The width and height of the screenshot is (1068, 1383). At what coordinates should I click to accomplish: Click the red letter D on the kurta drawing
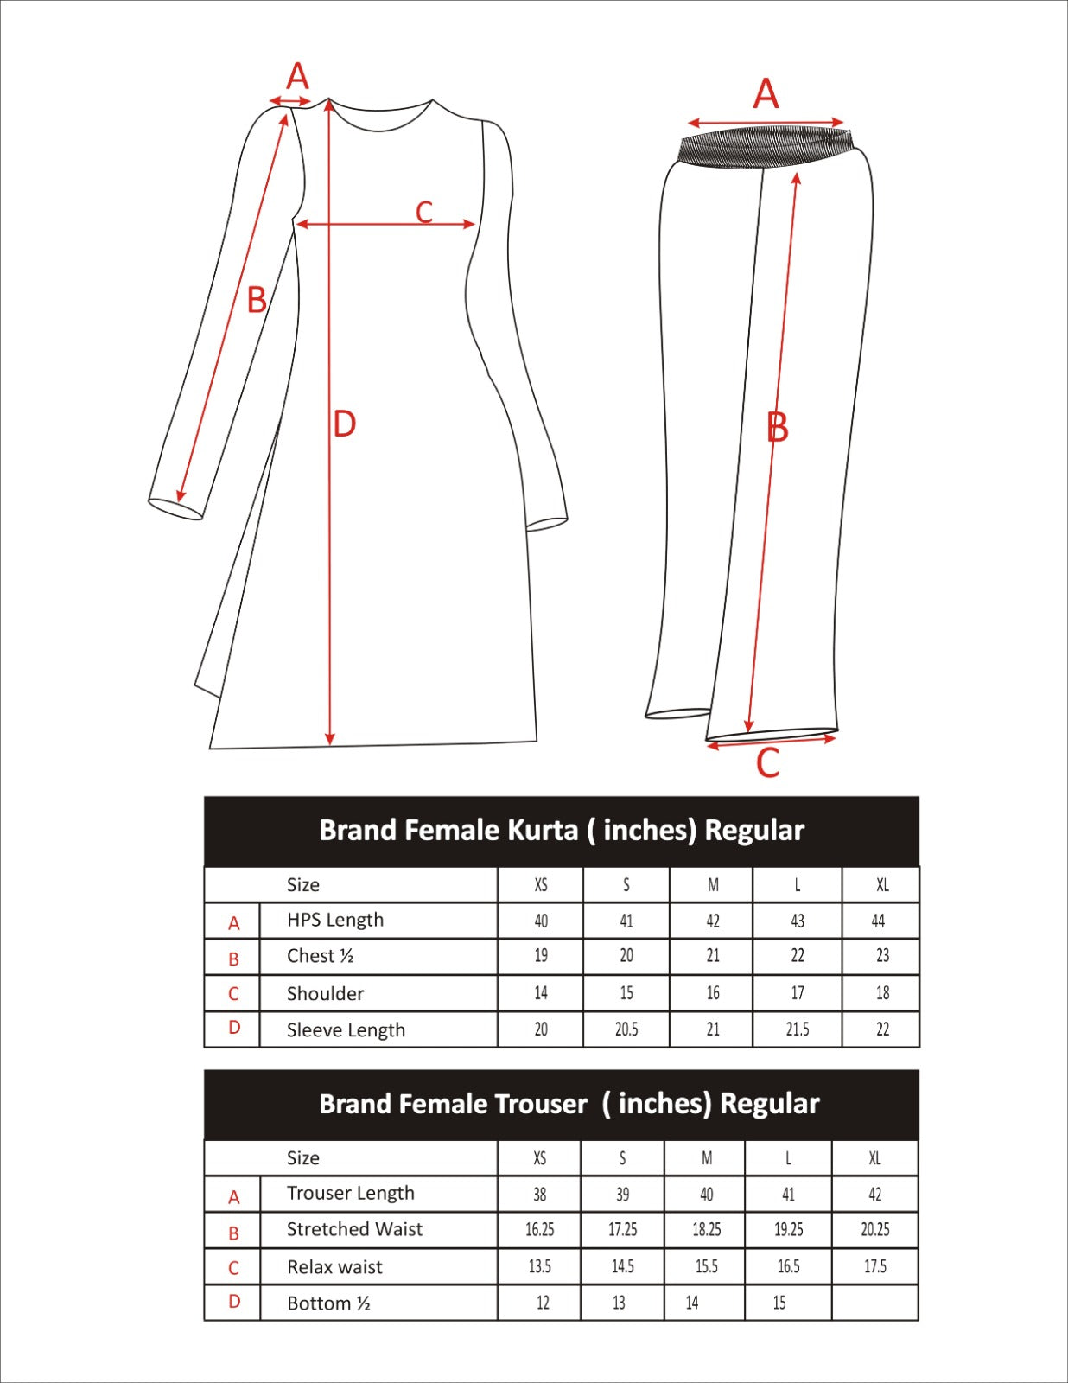click(x=344, y=424)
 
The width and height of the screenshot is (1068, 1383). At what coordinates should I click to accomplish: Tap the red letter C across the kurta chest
click(x=423, y=212)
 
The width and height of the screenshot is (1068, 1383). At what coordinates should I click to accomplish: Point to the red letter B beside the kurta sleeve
click(x=257, y=301)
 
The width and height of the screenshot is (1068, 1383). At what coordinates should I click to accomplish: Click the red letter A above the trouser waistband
click(x=766, y=94)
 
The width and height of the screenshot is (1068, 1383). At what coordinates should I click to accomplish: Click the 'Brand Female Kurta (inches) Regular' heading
click(x=562, y=831)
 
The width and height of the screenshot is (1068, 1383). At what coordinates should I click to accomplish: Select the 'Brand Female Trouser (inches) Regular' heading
click(x=569, y=1104)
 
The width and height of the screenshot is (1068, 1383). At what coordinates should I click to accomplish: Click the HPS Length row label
click(x=335, y=920)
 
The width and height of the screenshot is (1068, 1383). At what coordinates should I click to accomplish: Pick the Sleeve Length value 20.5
click(x=626, y=1029)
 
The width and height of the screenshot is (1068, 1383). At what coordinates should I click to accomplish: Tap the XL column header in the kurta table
click(x=882, y=885)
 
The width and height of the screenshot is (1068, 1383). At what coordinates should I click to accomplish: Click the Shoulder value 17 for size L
click(x=798, y=993)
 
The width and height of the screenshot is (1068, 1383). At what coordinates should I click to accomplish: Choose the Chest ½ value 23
click(x=882, y=956)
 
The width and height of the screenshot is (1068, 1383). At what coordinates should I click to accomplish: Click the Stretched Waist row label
click(x=354, y=1229)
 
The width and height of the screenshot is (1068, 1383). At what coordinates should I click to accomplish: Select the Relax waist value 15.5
click(x=706, y=1266)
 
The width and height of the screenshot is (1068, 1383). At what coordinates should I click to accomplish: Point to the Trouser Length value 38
click(x=540, y=1195)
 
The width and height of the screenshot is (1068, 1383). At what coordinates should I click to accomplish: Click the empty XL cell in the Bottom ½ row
click(x=874, y=1303)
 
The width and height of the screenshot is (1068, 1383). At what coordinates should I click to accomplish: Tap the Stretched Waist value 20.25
click(x=874, y=1229)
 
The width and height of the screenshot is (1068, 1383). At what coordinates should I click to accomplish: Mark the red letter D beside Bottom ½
click(x=234, y=1302)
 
